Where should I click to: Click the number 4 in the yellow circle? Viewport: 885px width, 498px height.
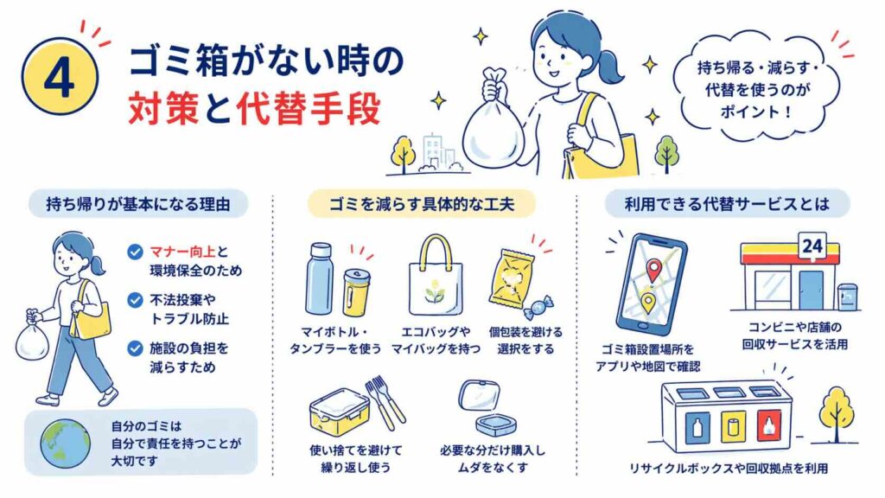(x=60, y=78)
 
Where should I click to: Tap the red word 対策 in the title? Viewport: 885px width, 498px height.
(x=163, y=108)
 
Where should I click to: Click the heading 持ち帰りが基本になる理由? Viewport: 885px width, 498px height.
(x=138, y=204)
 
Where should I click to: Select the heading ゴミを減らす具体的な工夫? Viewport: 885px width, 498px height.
(x=422, y=204)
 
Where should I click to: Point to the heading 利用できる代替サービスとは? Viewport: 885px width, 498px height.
(x=727, y=204)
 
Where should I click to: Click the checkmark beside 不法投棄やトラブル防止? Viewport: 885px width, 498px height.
(x=135, y=300)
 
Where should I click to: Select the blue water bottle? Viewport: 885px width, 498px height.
(x=320, y=279)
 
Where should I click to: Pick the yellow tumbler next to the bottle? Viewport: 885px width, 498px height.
(x=357, y=292)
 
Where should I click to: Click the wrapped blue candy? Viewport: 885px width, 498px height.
(x=538, y=308)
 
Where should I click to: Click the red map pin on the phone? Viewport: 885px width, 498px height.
(x=653, y=271)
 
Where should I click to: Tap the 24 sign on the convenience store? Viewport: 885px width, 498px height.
(x=812, y=246)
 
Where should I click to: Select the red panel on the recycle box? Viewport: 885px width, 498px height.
(x=768, y=425)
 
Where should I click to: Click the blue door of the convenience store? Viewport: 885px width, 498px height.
(x=811, y=290)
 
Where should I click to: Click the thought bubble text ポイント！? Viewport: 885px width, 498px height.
(x=756, y=112)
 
